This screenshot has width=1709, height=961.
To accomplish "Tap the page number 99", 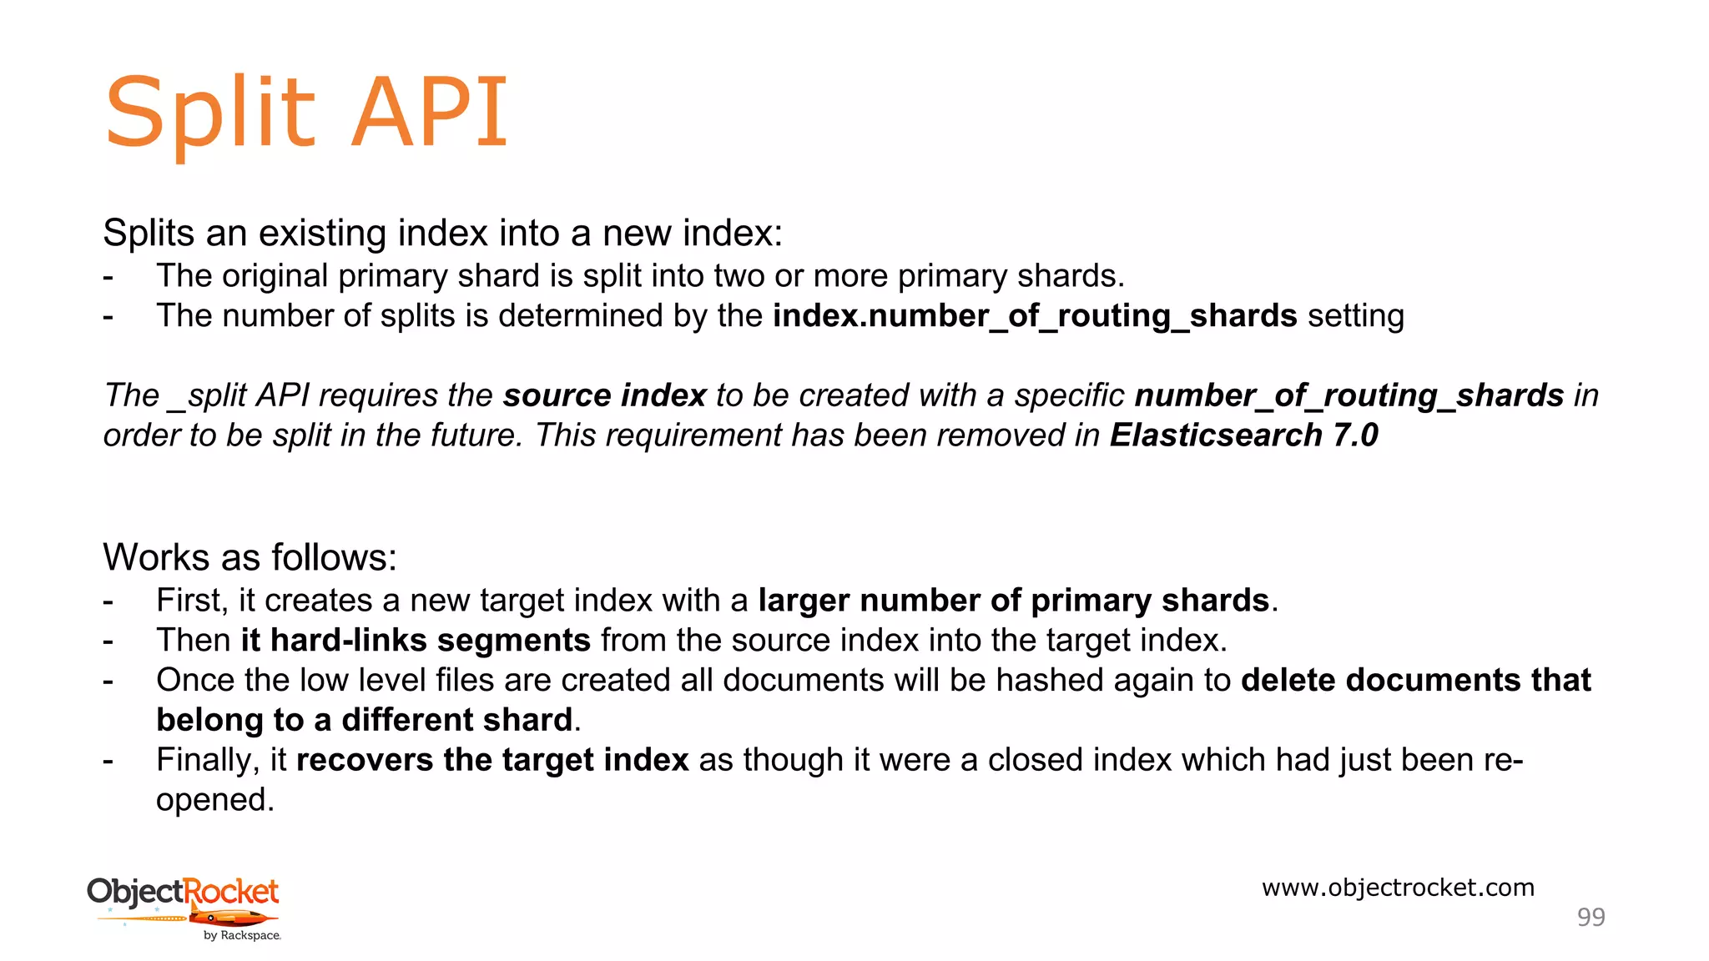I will click(1591, 917).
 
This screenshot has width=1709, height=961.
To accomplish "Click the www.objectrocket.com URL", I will click(1398, 888).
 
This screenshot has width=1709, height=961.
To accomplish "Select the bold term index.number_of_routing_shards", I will click(1035, 317).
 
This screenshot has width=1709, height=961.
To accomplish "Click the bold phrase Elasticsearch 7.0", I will click(1243, 435).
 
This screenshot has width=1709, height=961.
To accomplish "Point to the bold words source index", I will click(604, 395).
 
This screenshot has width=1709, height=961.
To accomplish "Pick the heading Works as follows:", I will click(250, 557).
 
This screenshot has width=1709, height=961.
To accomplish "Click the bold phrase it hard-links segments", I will click(416, 641).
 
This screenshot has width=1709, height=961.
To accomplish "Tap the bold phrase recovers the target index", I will click(492, 760).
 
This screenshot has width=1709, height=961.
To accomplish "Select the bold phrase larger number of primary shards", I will click(1014, 601).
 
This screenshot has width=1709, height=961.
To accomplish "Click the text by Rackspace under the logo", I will click(242, 936).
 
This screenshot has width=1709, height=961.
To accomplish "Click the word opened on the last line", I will click(214, 800).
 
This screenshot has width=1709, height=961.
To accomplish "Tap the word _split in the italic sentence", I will click(208, 395).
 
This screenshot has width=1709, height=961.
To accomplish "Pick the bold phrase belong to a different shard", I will click(365, 720).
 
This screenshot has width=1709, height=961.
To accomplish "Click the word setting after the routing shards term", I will click(1356, 317).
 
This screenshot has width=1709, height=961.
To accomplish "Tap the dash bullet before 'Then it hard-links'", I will click(108, 641).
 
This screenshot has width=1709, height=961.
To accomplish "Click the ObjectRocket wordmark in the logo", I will click(183, 892).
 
